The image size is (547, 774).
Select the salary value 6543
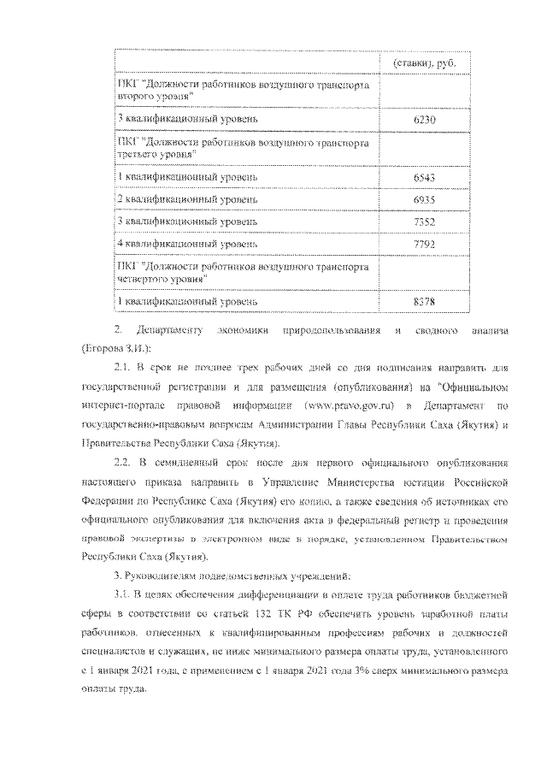coord(424,177)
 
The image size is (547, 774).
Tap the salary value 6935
coord(424,199)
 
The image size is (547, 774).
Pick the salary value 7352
coord(424,222)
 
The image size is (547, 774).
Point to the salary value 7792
coord(424,243)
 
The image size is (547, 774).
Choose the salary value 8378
coord(424,301)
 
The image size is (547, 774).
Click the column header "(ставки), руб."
coord(424,64)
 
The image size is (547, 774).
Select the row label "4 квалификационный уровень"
coord(186,243)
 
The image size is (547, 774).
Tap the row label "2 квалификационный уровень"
coord(186,199)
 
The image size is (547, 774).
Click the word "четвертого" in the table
coord(142,279)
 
